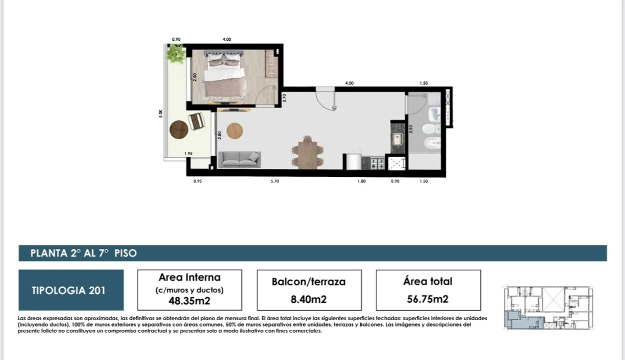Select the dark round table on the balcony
click(179, 130)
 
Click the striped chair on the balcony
click(197, 121)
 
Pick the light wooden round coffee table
click(235, 131)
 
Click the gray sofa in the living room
click(239, 159)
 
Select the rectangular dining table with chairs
click(308, 152)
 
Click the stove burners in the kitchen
click(377, 163)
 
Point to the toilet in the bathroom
click(431, 129)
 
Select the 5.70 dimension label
click(275, 181)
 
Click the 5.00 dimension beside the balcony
click(160, 114)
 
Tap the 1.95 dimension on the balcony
click(188, 153)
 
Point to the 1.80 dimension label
click(362, 181)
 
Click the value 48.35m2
click(189, 301)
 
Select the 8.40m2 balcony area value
click(309, 299)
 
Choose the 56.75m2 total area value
click(428, 299)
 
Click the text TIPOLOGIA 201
click(69, 290)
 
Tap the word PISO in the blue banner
click(126, 253)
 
